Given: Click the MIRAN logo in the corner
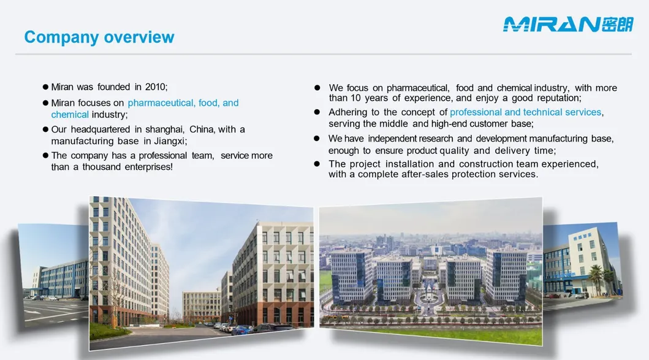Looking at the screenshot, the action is click(x=568, y=25).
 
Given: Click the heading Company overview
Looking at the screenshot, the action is click(x=99, y=37).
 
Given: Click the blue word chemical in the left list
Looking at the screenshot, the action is click(x=70, y=115).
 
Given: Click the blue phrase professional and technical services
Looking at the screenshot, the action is click(x=526, y=112).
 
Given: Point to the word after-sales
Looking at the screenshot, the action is click(x=425, y=174).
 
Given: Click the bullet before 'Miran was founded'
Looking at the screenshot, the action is click(x=45, y=87).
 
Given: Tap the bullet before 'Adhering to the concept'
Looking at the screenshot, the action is click(x=317, y=112).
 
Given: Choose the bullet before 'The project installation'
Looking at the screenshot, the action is click(x=317, y=164).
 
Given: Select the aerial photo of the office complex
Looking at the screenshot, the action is click(x=430, y=271).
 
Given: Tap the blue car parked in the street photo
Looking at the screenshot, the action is click(x=243, y=330).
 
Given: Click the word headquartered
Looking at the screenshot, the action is click(x=100, y=129).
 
